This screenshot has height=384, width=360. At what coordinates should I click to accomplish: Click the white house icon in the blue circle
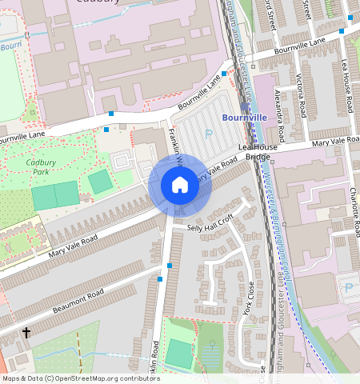(x=180, y=186)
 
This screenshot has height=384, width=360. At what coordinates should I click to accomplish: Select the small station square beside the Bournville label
(x=244, y=106)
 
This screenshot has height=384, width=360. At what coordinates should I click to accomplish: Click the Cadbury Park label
(x=41, y=166)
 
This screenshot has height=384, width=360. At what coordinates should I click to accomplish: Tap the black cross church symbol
(x=26, y=332)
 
